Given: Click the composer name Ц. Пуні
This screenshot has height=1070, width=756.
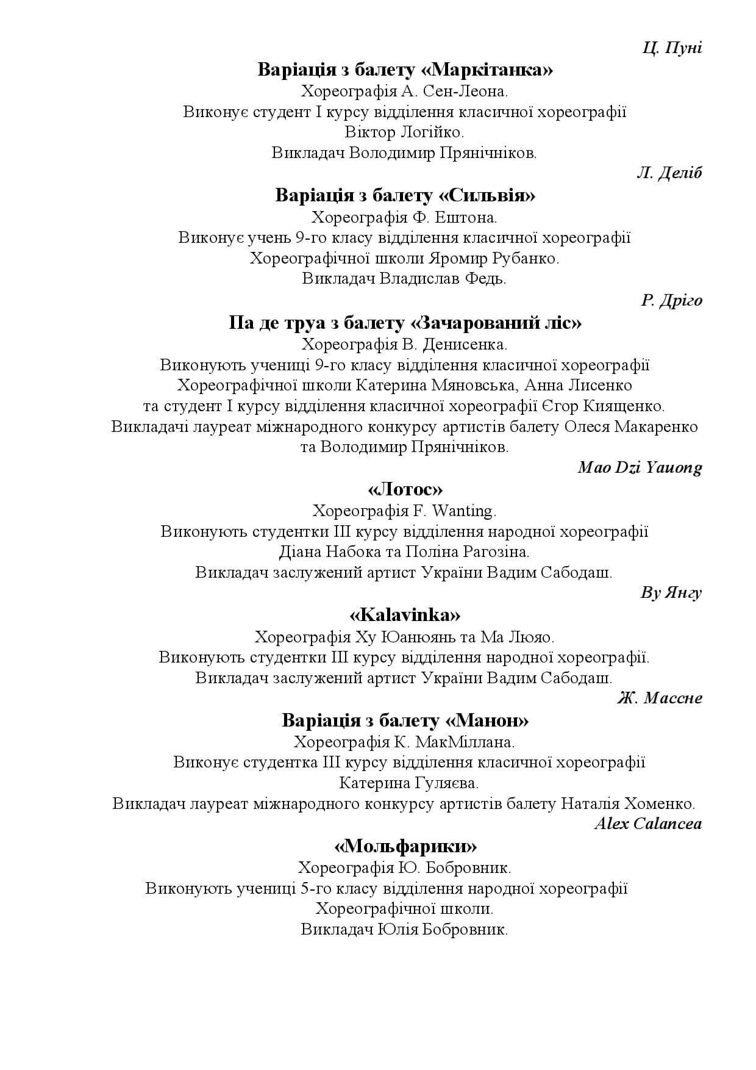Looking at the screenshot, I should point(672,48).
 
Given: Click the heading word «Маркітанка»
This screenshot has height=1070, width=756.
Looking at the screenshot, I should point(487,70).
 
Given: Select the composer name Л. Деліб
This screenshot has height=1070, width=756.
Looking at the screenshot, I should point(669,173).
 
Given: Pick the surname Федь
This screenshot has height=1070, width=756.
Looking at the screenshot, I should point(486,279).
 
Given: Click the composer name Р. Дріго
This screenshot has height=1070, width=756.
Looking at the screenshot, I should point(671,301).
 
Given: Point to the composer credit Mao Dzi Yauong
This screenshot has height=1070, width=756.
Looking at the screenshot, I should point(640,468).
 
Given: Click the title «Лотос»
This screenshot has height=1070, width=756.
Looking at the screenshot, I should point(405,489).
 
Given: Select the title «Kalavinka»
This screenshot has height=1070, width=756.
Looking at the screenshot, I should point(405,614).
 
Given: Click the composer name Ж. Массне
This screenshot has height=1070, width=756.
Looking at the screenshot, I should point(659,698).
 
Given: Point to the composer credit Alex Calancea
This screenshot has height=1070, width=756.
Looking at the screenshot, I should point(647,824).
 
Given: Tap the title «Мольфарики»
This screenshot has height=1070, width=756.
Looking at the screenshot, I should point(405,847).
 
